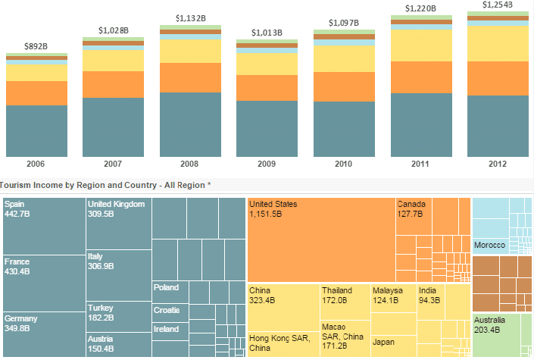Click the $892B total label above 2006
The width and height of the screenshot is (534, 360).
point(36,46)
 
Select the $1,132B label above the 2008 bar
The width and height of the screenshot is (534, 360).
point(190,17)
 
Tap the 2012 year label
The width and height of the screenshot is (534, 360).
point(498,164)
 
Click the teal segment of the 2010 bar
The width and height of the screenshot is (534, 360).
point(344,129)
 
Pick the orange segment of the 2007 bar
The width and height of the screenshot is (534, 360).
point(113,84)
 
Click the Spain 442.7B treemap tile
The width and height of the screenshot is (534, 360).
point(44,226)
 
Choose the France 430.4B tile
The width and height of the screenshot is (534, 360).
point(44,283)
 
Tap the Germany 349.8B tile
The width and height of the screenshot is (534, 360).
point(44,333)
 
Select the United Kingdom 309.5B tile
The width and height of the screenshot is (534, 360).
point(118,224)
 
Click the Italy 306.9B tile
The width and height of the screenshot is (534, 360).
point(118,275)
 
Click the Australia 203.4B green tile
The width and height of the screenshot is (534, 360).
point(501,334)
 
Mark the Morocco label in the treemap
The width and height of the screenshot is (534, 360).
point(489,245)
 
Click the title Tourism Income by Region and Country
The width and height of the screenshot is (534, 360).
point(106,185)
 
